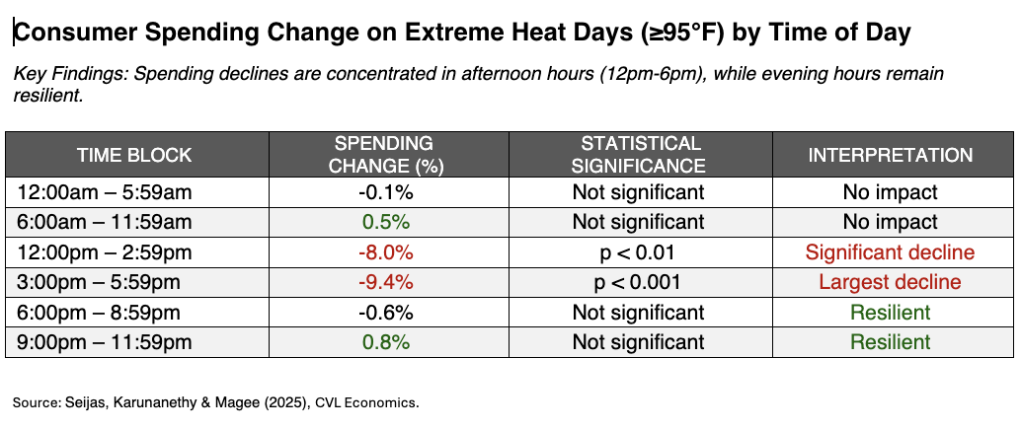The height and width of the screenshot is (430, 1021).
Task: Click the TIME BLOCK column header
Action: pos(134,155)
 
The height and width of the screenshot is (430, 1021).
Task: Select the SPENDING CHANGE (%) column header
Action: pos(383,155)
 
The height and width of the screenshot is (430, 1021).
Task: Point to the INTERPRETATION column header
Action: pos(890,155)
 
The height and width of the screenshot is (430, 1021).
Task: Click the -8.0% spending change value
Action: pos(384,252)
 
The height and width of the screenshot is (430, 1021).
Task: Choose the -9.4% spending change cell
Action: pos(384,283)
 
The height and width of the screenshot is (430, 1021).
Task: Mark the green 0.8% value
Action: pos(384,343)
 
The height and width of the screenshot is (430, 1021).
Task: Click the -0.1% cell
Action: pos(384,192)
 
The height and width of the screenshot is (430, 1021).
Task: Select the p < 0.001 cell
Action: pos(639,283)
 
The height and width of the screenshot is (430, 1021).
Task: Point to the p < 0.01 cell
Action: pos(639,252)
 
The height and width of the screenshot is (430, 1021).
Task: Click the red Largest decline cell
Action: pos(890,283)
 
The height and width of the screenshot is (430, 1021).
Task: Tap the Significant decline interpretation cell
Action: pos(890,252)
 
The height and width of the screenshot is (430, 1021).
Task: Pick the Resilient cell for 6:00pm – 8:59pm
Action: pos(890,313)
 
